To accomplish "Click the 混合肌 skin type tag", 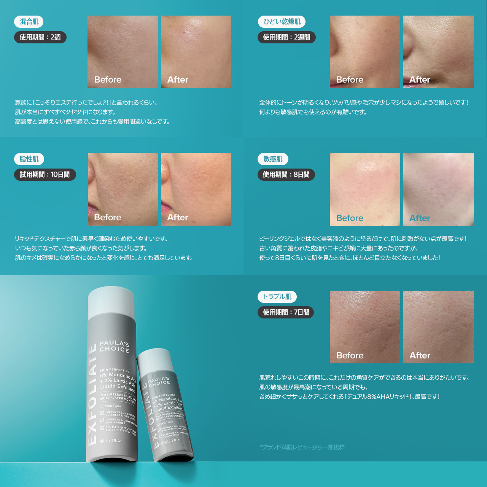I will click(29, 22).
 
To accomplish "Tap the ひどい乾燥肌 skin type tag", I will click(282, 22).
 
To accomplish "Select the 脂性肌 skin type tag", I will click(29, 159).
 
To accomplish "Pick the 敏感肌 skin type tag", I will click(273, 159).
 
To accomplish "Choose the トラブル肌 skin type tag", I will click(277, 297).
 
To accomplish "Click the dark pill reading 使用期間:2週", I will click(40, 37).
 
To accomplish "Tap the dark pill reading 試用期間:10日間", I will click(45, 175).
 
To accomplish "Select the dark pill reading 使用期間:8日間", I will click(286, 175).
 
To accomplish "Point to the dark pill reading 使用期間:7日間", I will click(286, 312).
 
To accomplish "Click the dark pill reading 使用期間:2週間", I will click(286, 37).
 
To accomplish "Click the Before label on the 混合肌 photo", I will click(108, 80).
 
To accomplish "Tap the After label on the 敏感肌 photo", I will click(420, 218).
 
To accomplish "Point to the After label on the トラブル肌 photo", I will click(420, 355).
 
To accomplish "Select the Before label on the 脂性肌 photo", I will click(108, 217).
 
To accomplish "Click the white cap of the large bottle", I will click(111, 302).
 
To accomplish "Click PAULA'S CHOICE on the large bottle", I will click(114, 346).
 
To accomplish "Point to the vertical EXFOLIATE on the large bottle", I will click(92, 396).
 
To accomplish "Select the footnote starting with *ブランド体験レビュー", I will click(302, 447).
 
